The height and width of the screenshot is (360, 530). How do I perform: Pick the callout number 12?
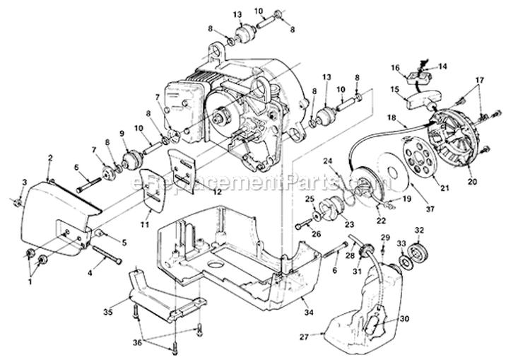tap(197, 191)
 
